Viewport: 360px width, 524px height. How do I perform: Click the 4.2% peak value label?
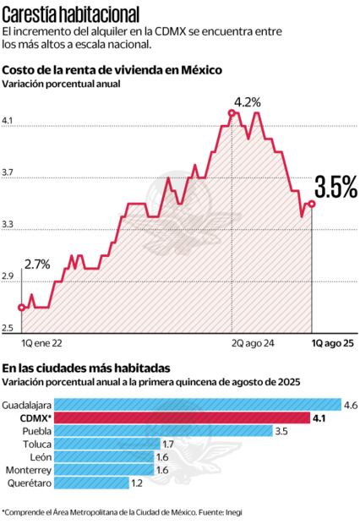(x=247, y=101)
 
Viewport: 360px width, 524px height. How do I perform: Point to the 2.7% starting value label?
(x=37, y=264)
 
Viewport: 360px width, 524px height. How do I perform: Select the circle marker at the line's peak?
(x=232, y=112)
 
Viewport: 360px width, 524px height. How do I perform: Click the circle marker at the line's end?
(x=312, y=204)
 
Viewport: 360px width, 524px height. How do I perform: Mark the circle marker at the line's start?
(x=21, y=307)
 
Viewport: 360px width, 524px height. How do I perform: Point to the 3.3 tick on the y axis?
(x=8, y=225)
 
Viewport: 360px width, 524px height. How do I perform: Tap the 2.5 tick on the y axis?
(x=8, y=328)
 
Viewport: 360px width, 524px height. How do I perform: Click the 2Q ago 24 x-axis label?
(x=252, y=344)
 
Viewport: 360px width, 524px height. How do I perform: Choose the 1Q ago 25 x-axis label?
(x=333, y=344)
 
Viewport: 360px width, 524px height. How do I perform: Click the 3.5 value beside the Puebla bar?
(x=281, y=431)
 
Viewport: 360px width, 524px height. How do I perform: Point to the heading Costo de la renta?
(x=112, y=70)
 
